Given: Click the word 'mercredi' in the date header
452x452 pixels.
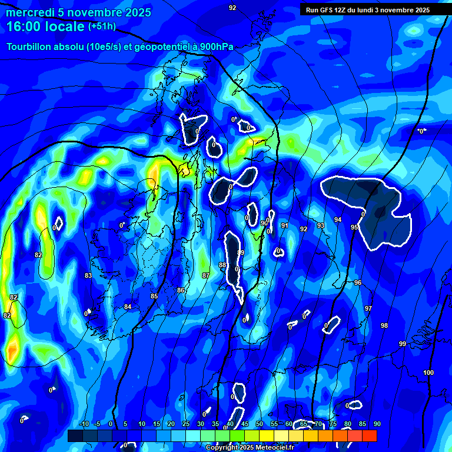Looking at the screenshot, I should (29, 12).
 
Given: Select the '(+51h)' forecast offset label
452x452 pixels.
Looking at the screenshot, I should (102, 26).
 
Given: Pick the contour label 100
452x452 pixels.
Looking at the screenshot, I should (428, 373).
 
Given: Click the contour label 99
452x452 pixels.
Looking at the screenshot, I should (403, 344).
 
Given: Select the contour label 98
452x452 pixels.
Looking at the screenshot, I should (384, 325).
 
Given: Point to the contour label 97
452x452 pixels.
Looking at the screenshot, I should (368, 308).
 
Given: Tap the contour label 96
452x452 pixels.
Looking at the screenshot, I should (358, 282).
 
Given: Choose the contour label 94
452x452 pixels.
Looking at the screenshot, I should (338, 220).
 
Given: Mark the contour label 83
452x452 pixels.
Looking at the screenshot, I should (88, 275).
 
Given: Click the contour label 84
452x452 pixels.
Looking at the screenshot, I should (128, 307).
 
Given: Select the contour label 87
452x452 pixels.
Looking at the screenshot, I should (205, 275).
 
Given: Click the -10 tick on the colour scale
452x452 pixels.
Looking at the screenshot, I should (84, 424).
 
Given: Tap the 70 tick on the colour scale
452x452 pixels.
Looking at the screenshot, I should (318, 424).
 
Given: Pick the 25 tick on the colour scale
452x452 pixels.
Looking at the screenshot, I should (186, 424).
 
